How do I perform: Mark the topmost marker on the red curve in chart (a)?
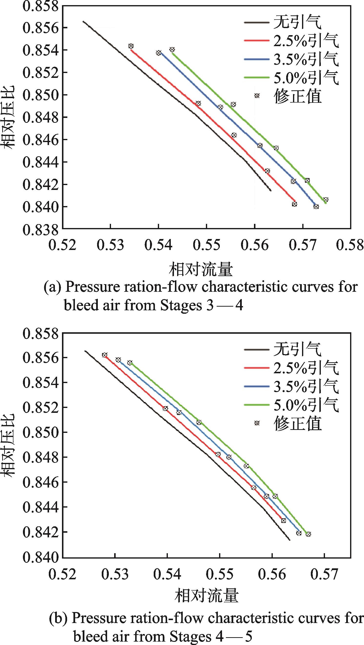(131, 46)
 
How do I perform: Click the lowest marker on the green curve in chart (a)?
(326, 199)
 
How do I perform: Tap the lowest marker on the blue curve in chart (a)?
(316, 207)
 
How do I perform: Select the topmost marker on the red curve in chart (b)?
(105, 355)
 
